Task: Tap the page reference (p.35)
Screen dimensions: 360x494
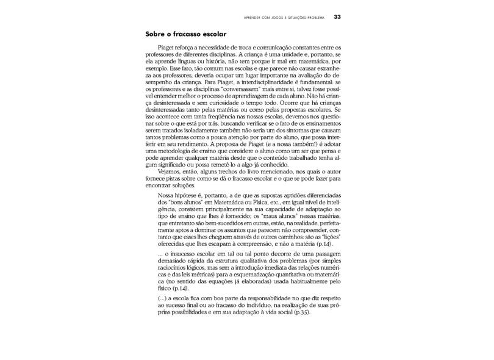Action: (x=301, y=313)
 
